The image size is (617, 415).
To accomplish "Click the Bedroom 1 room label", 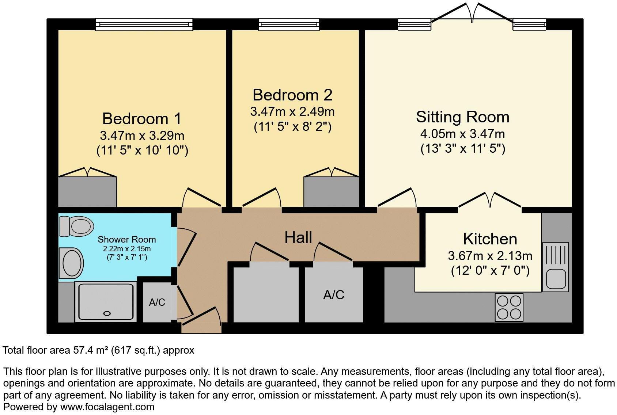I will [141, 119].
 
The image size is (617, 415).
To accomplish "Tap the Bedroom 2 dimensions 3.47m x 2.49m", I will [292, 111].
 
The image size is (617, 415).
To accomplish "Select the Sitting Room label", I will [462, 117].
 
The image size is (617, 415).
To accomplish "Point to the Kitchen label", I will [490, 239].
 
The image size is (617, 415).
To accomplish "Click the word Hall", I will [298, 237].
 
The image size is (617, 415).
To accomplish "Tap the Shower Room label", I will [126, 240].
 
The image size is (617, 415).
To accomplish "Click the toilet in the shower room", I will [77, 226].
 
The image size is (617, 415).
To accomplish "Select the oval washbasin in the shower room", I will [72, 262].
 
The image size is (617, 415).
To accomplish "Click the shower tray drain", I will [107, 313].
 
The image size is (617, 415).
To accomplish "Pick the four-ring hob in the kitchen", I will [509, 307].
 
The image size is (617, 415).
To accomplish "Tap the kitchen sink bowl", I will [556, 279].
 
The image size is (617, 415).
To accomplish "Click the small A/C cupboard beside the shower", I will [157, 302].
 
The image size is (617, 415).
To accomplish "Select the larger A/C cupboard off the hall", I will [334, 294].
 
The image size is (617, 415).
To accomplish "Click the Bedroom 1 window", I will [144, 24].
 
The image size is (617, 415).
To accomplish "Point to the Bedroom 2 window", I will [289, 24].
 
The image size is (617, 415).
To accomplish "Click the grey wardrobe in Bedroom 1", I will [87, 192].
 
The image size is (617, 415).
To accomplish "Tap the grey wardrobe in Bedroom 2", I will [331, 192].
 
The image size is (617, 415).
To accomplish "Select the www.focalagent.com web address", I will [107, 407].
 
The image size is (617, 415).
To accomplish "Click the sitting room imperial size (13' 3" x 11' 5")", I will [462, 149].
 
